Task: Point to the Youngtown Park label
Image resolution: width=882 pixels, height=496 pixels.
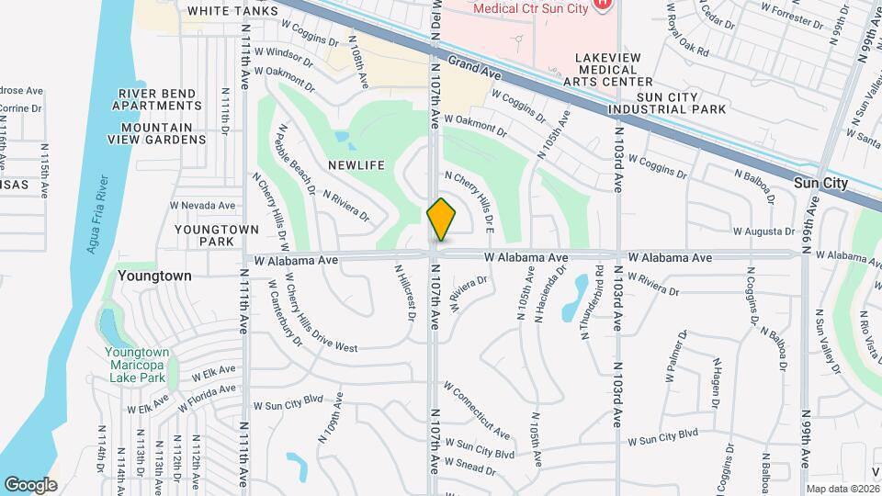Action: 209,235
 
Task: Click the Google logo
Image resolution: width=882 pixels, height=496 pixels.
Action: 29,484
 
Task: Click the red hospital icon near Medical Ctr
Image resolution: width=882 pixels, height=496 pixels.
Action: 602,5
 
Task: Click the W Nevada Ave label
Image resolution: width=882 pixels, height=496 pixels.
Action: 202,206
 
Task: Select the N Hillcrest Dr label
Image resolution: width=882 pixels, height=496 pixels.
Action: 404,294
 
